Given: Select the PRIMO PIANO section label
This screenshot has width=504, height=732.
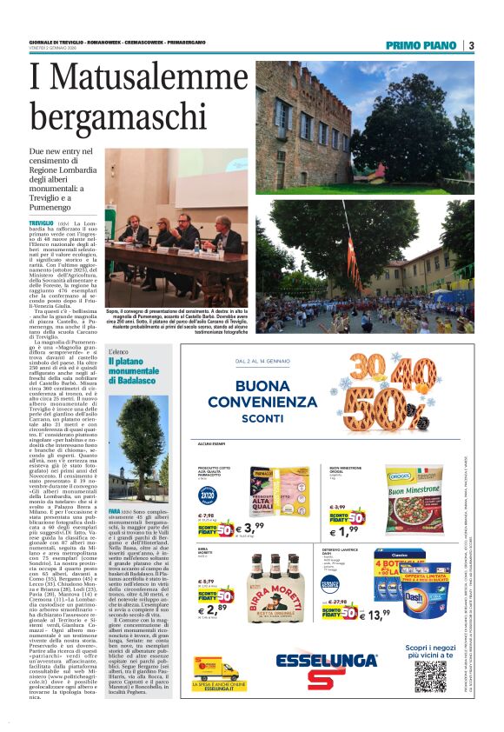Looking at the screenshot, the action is (422, 45).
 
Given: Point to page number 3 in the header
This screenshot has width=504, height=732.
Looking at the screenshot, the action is (470, 45).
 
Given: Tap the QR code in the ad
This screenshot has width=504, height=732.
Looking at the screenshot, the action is (428, 675).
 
